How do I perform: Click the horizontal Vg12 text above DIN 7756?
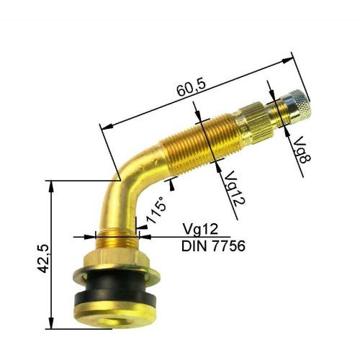point(199,230)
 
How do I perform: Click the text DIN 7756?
point(213,246)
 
